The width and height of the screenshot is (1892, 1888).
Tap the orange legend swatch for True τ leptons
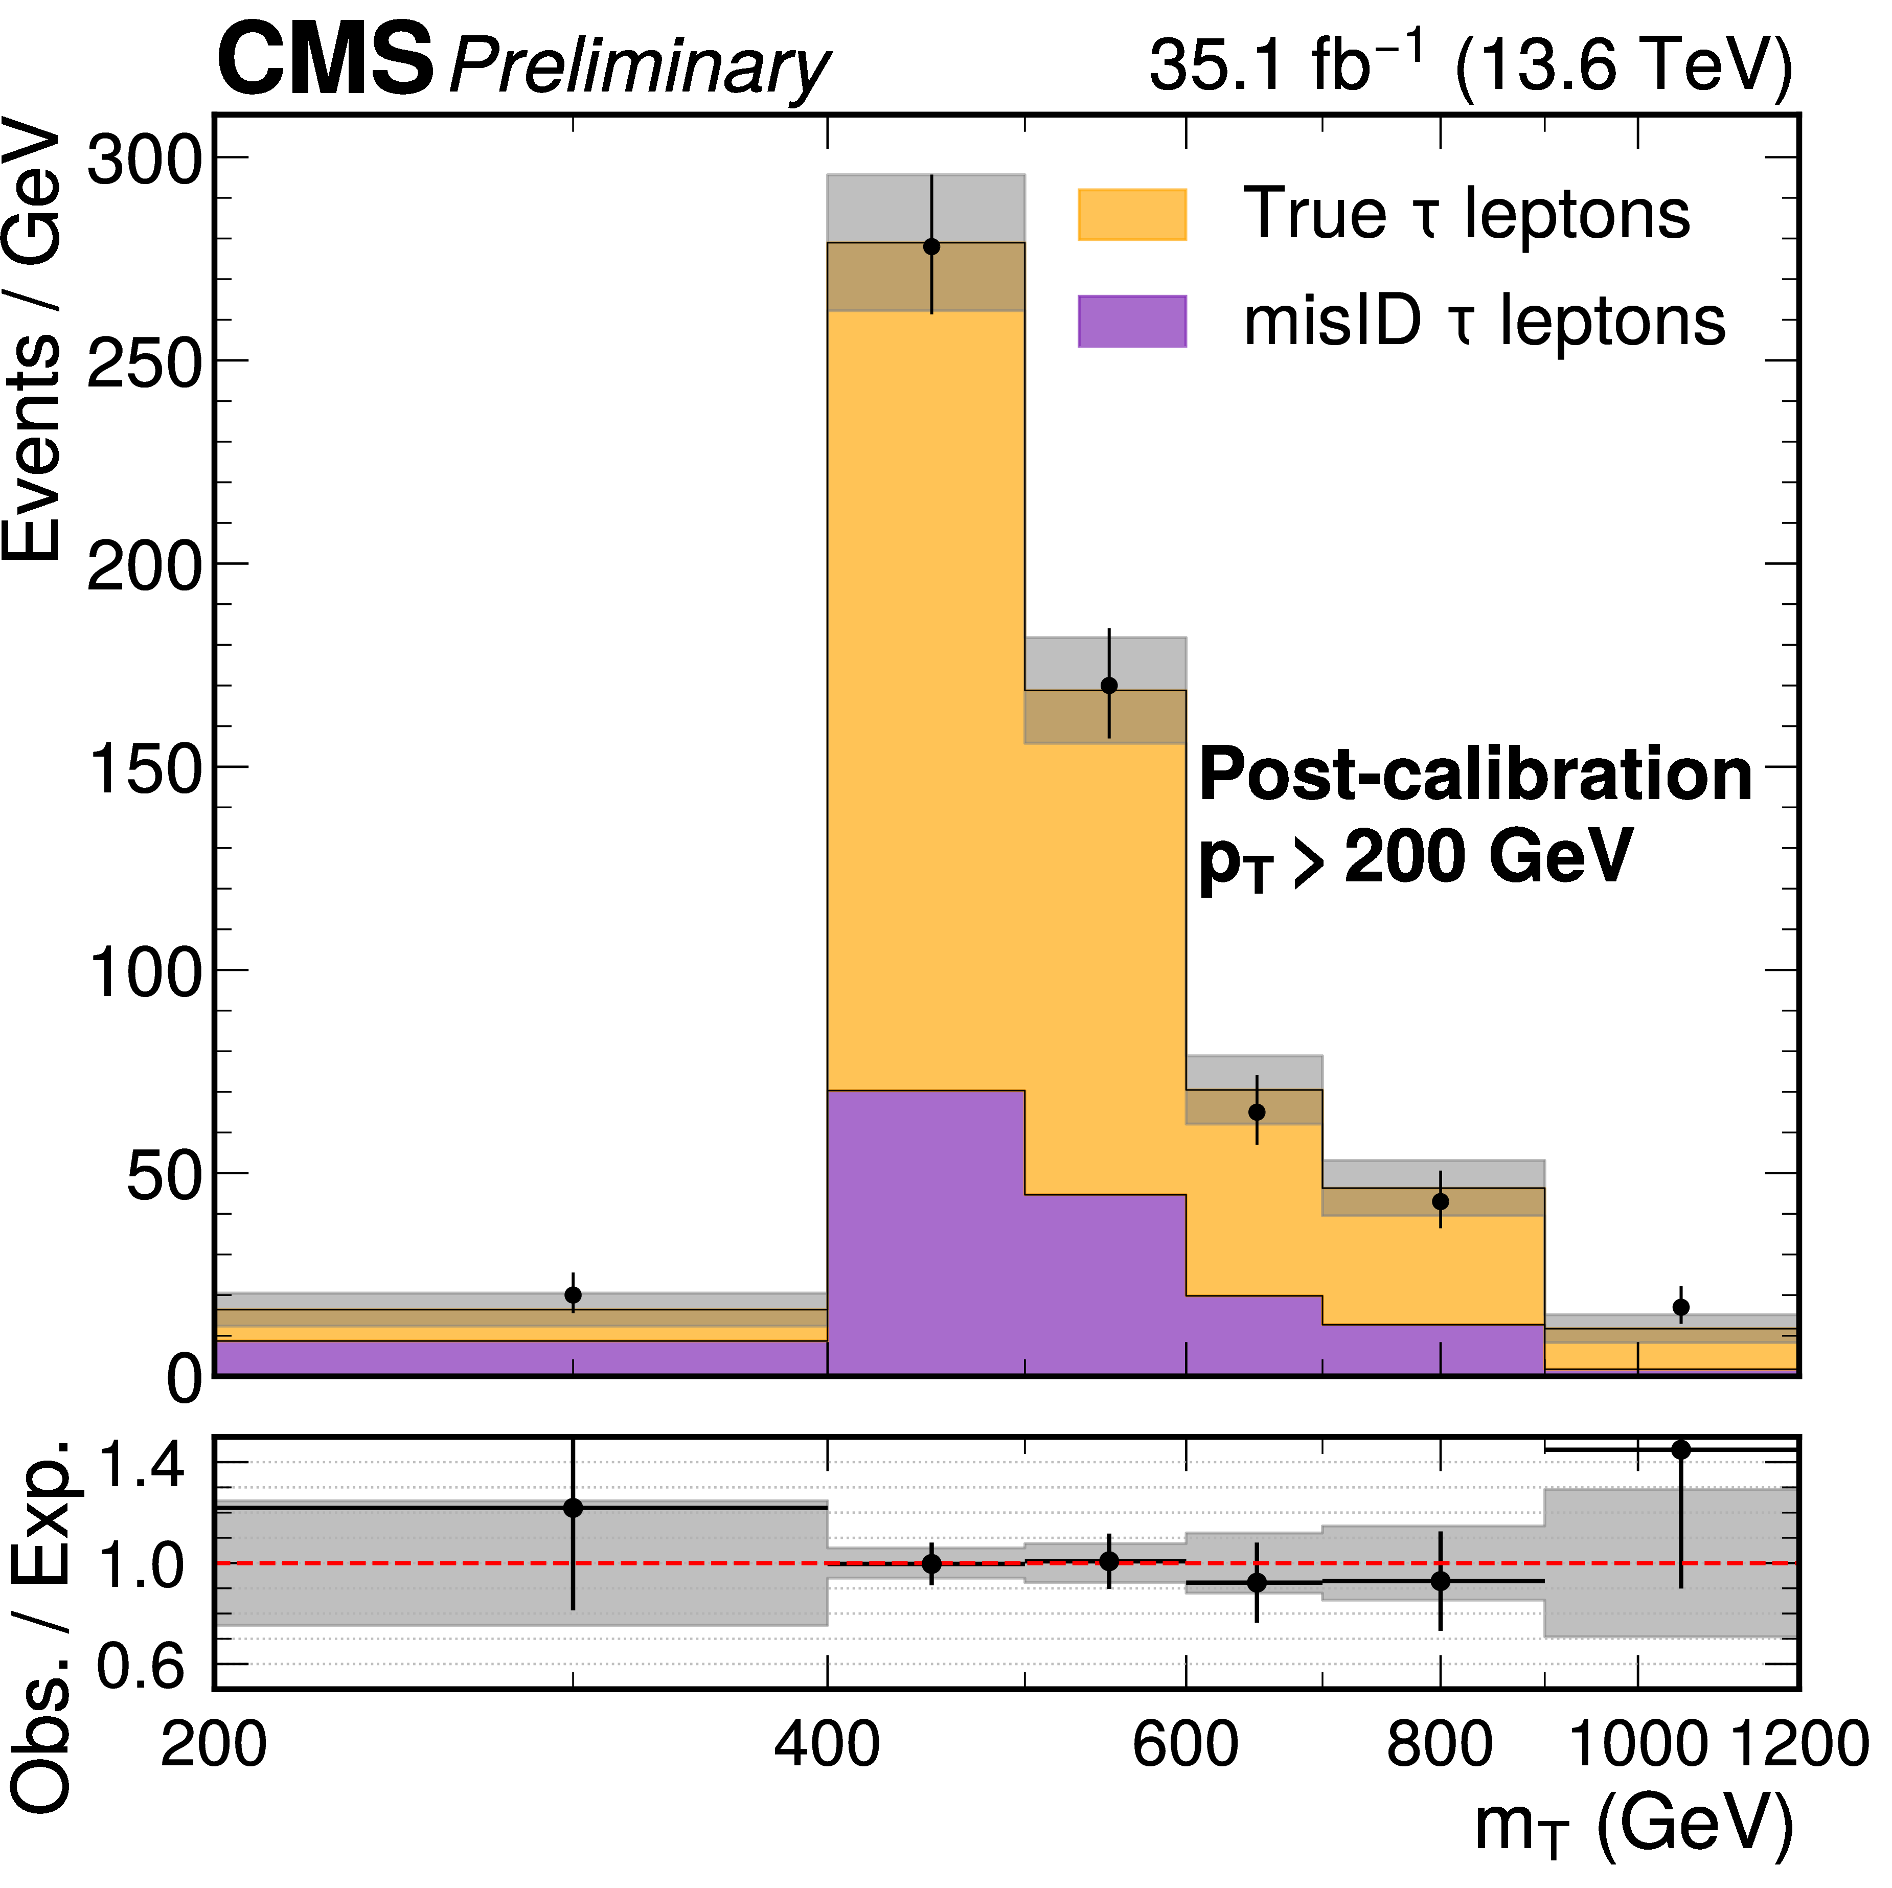[1132, 214]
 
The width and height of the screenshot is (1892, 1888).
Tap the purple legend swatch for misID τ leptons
[1132, 321]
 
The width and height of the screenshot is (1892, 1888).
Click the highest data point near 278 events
[931, 247]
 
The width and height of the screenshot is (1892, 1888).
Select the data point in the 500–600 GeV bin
[1108, 686]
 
